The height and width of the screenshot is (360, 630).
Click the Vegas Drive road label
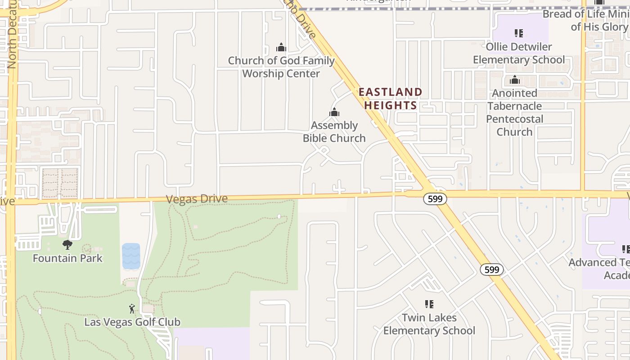pyautogui.click(x=197, y=199)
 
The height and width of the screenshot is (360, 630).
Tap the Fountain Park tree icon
pyautogui.click(x=67, y=245)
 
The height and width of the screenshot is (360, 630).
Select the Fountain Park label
pyautogui.click(x=67, y=258)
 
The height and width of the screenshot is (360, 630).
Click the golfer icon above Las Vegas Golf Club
pyautogui.click(x=132, y=309)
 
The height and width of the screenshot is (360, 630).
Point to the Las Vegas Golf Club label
pyautogui.click(x=132, y=322)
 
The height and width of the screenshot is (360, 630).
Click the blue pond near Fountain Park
pyautogui.click(x=131, y=256)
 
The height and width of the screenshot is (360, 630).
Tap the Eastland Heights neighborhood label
pyautogui.click(x=390, y=99)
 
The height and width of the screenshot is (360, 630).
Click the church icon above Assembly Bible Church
pyautogui.click(x=334, y=112)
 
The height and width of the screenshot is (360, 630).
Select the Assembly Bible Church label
pyautogui.click(x=334, y=132)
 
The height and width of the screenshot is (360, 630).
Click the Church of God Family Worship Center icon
pyautogui.click(x=281, y=47)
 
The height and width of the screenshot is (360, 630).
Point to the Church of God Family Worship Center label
pyautogui.click(x=281, y=67)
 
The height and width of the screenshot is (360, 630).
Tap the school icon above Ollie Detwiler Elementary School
pyautogui.click(x=519, y=33)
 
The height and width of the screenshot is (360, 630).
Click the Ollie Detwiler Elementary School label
pyautogui.click(x=519, y=53)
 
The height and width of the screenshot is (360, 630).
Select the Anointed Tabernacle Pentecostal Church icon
pyautogui.click(x=515, y=80)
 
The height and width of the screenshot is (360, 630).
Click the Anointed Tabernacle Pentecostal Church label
pyautogui.click(x=515, y=112)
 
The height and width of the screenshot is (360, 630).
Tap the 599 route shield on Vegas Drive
pyautogui.click(x=435, y=198)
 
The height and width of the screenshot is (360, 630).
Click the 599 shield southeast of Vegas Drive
pyautogui.click(x=492, y=270)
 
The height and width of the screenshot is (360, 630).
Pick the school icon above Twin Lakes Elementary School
pyautogui.click(x=429, y=305)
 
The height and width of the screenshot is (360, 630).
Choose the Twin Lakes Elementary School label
pyautogui.click(x=429, y=324)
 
